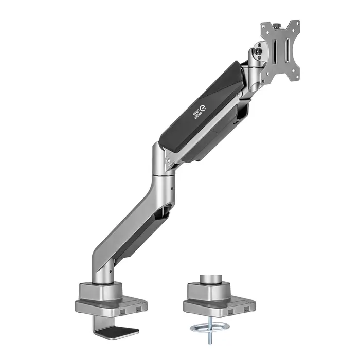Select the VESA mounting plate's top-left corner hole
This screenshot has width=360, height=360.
(x=265, y=26)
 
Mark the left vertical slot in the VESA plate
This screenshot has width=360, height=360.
(x=272, y=52)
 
